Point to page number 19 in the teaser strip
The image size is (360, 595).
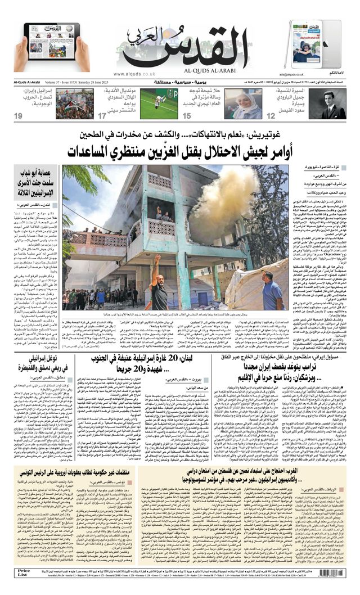tap(19, 116)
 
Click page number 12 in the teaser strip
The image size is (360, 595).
tap(271, 116)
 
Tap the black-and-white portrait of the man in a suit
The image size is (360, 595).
tap(334, 104)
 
